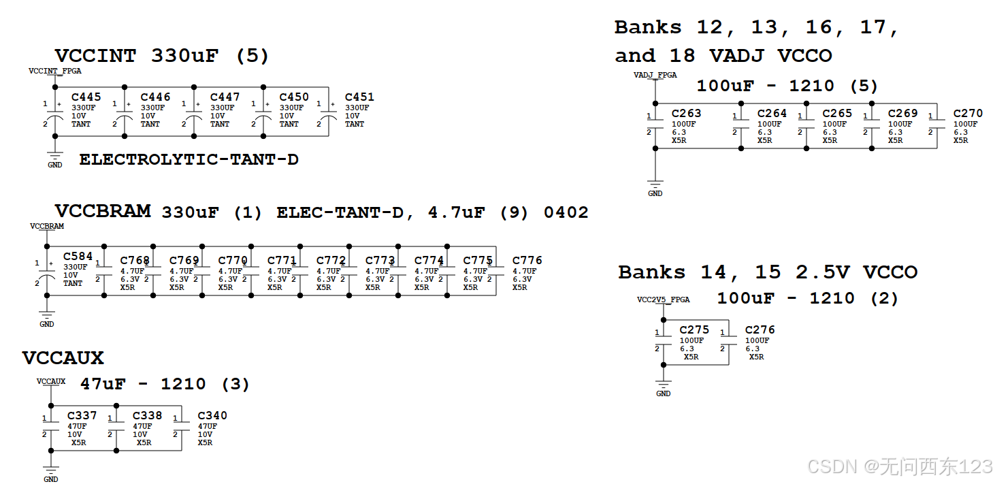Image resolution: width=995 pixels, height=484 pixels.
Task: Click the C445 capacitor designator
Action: (86, 97)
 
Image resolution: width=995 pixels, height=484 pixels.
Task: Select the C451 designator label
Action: (359, 97)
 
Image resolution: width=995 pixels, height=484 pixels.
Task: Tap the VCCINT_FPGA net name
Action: (55, 71)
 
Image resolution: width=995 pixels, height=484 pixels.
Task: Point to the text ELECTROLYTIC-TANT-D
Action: (189, 159)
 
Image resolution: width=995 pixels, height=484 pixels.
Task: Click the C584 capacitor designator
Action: (78, 257)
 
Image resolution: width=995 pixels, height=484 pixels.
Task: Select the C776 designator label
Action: (527, 260)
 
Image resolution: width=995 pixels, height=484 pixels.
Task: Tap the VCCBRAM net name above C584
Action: (47, 226)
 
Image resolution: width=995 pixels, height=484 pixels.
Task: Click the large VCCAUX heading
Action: (63, 358)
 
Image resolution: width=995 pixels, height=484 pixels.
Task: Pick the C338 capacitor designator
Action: (147, 415)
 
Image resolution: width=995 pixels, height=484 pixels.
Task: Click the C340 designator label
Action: (212, 415)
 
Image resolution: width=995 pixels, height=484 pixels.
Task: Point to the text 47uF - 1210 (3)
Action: (165, 384)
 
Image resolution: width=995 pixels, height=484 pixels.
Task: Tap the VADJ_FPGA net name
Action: (655, 75)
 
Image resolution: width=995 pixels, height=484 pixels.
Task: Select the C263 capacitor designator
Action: (686, 113)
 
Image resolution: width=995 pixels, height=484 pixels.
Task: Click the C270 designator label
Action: (968, 113)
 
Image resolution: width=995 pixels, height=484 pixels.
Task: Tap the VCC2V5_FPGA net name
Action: (663, 300)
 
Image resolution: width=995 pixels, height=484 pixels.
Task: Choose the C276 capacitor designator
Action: (760, 329)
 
